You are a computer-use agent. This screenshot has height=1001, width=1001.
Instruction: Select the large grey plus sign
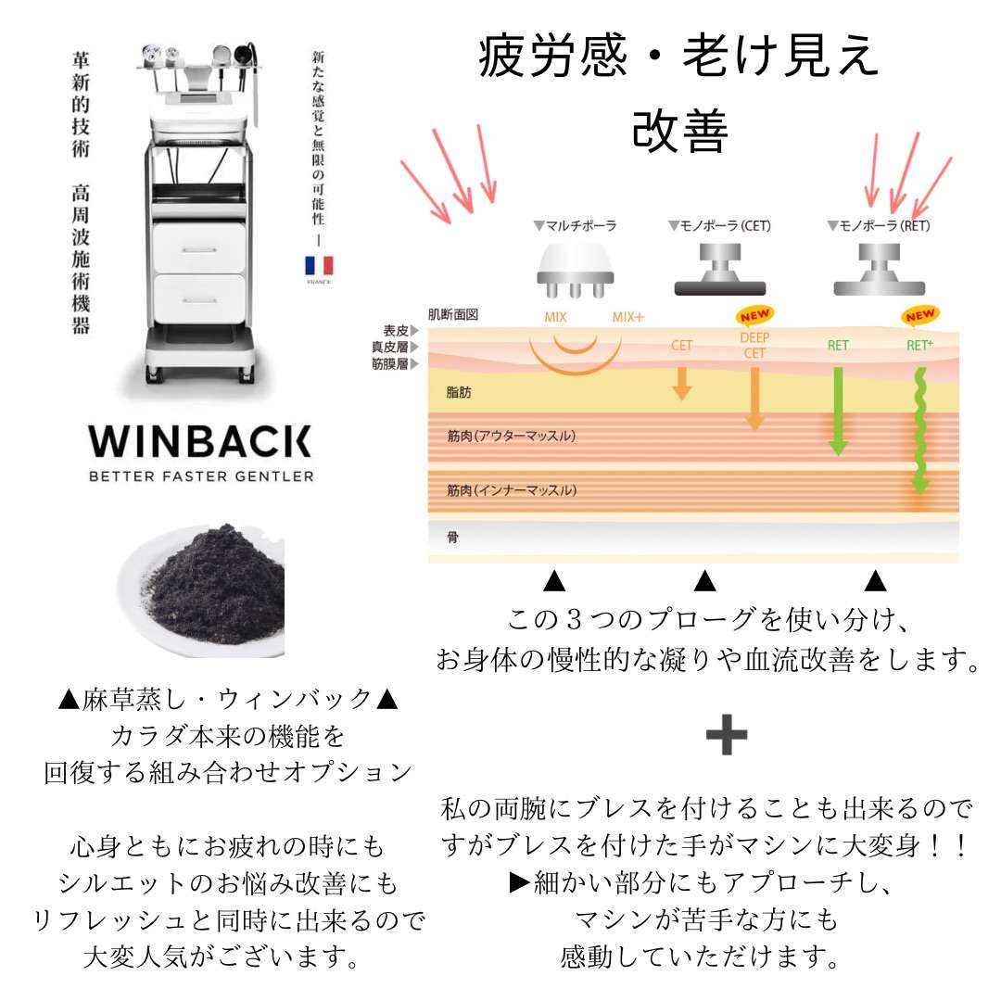click(x=727, y=736)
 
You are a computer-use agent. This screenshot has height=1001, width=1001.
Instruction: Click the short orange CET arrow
click(x=682, y=382)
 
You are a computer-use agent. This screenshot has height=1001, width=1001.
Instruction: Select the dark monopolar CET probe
click(x=719, y=272)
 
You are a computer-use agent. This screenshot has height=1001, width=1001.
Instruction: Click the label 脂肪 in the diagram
click(x=459, y=393)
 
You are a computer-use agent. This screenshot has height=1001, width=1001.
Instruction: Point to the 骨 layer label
click(x=452, y=537)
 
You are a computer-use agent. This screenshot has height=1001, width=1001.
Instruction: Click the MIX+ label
click(x=627, y=318)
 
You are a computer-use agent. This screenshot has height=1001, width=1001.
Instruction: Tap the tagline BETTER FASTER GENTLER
click(x=200, y=476)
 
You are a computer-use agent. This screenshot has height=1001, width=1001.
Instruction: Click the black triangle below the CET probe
click(x=705, y=582)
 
